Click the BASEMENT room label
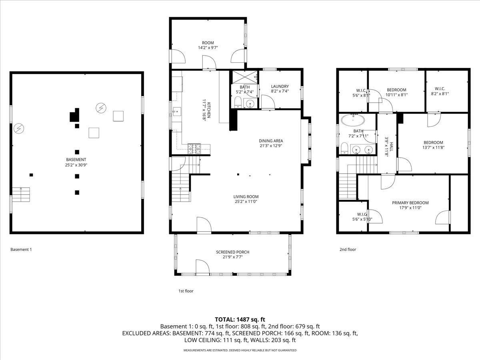point(76,160)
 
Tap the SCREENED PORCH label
point(233,252)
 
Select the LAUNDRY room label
point(280,86)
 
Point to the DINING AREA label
point(271,141)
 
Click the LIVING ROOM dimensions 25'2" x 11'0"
point(246,202)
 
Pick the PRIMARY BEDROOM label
point(410,203)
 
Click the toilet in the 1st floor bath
point(238,102)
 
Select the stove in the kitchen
point(194,149)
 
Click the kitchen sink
point(176,112)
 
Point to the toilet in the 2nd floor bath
point(345,148)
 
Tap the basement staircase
point(21,194)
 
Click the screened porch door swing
point(203,266)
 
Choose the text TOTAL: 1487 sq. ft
point(240,320)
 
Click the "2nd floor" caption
point(348,249)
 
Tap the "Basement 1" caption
point(21,249)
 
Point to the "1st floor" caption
point(186,291)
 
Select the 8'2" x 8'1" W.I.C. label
point(440,91)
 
